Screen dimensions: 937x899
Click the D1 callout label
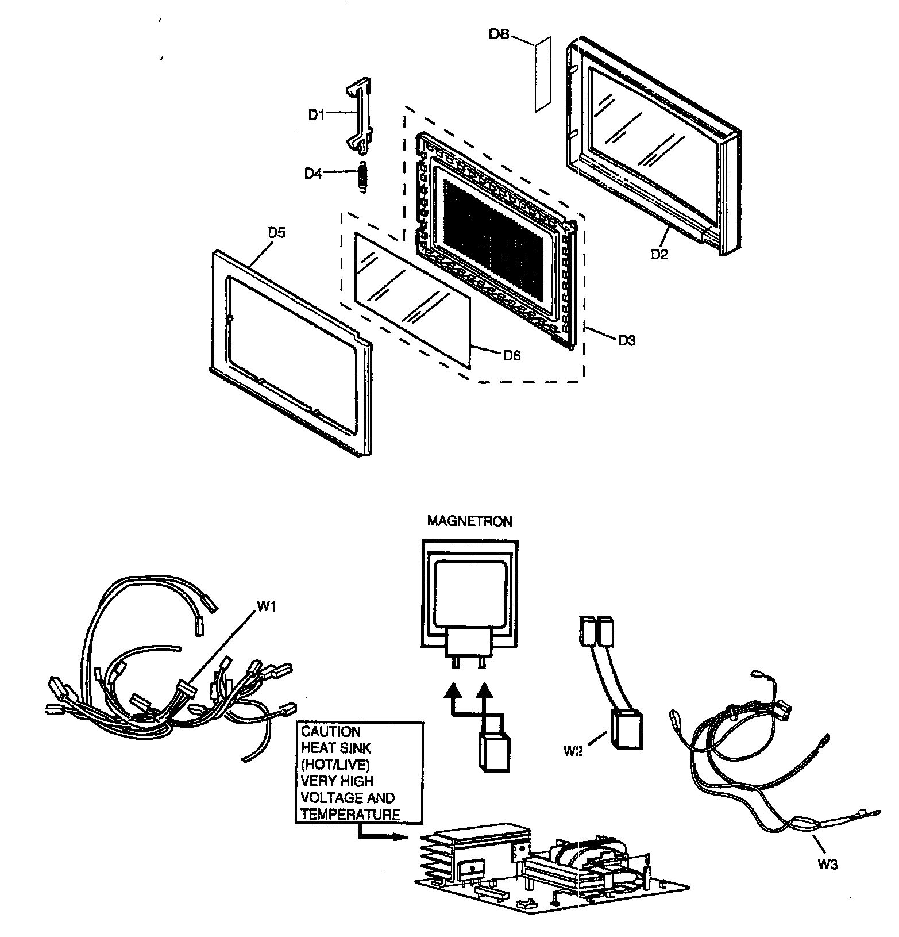tap(316, 115)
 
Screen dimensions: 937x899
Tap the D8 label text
tap(499, 34)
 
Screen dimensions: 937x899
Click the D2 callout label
tap(659, 254)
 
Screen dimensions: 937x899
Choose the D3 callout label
tap(627, 340)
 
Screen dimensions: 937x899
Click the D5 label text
tap(276, 233)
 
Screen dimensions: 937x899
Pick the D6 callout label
tap(511, 356)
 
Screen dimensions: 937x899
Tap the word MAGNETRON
tap(469, 521)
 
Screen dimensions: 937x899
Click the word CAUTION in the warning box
tap(330, 732)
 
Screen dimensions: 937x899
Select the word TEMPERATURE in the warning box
tap(350, 814)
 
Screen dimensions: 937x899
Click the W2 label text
tap(573, 751)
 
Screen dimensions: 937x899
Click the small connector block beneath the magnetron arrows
tap(493, 753)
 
